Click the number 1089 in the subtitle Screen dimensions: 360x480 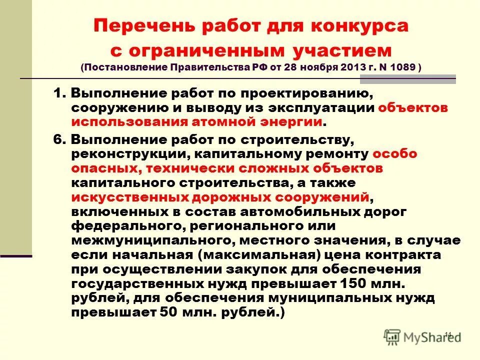coord(403,67)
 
